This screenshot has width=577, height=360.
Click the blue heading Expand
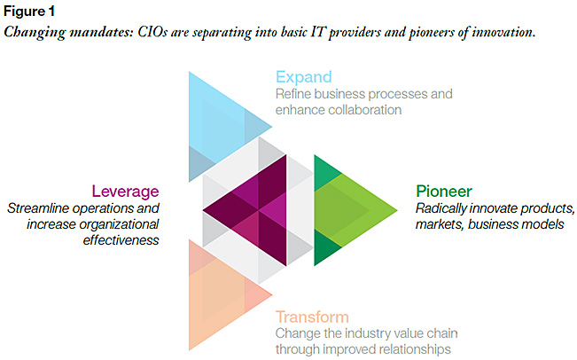coord(304,78)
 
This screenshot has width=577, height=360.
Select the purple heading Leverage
coord(125,192)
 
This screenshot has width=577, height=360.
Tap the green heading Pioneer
coord(444,192)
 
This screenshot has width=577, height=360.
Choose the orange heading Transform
coord(312,317)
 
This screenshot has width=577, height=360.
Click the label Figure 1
coord(29,12)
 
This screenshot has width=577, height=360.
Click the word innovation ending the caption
coord(503,33)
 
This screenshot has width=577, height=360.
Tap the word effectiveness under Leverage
coord(121,240)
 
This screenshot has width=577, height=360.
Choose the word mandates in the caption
coord(101,33)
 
